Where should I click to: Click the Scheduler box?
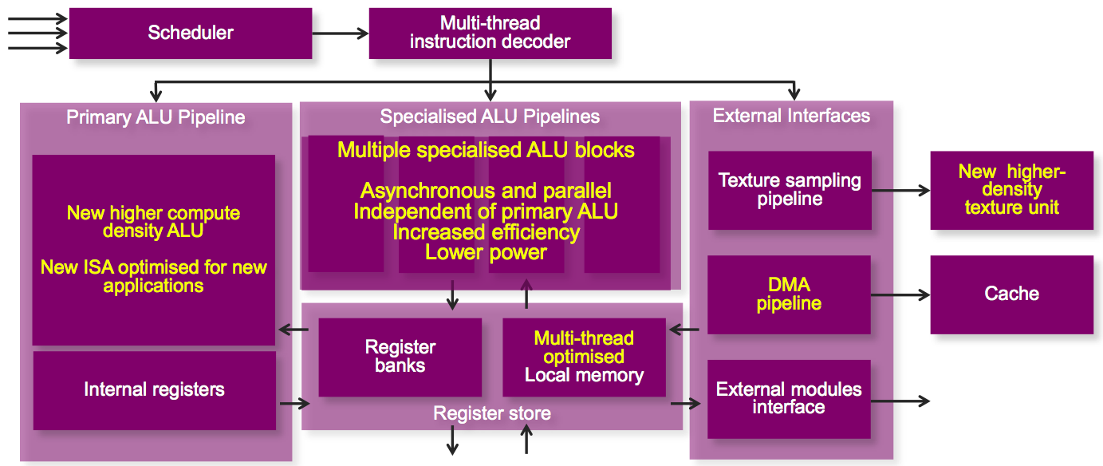click(191, 34)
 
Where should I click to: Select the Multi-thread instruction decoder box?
click(490, 34)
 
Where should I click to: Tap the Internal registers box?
click(154, 389)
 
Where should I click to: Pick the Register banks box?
click(400, 357)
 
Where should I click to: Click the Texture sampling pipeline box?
click(790, 189)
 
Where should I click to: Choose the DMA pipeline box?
click(790, 294)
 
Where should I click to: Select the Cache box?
click(1011, 294)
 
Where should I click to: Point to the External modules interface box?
click(789, 398)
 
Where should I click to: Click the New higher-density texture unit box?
click(1011, 190)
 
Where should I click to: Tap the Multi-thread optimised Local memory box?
click(584, 357)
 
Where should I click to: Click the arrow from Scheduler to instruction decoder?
click(340, 34)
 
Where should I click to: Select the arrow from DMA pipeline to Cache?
click(900, 294)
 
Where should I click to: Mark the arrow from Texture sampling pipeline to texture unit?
click(900, 190)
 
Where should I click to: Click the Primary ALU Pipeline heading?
click(156, 118)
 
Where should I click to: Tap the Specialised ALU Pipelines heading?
click(490, 117)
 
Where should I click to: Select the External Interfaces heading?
click(791, 116)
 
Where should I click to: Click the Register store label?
click(491, 413)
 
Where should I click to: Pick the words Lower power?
click(486, 253)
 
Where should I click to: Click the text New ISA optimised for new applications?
click(154, 276)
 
